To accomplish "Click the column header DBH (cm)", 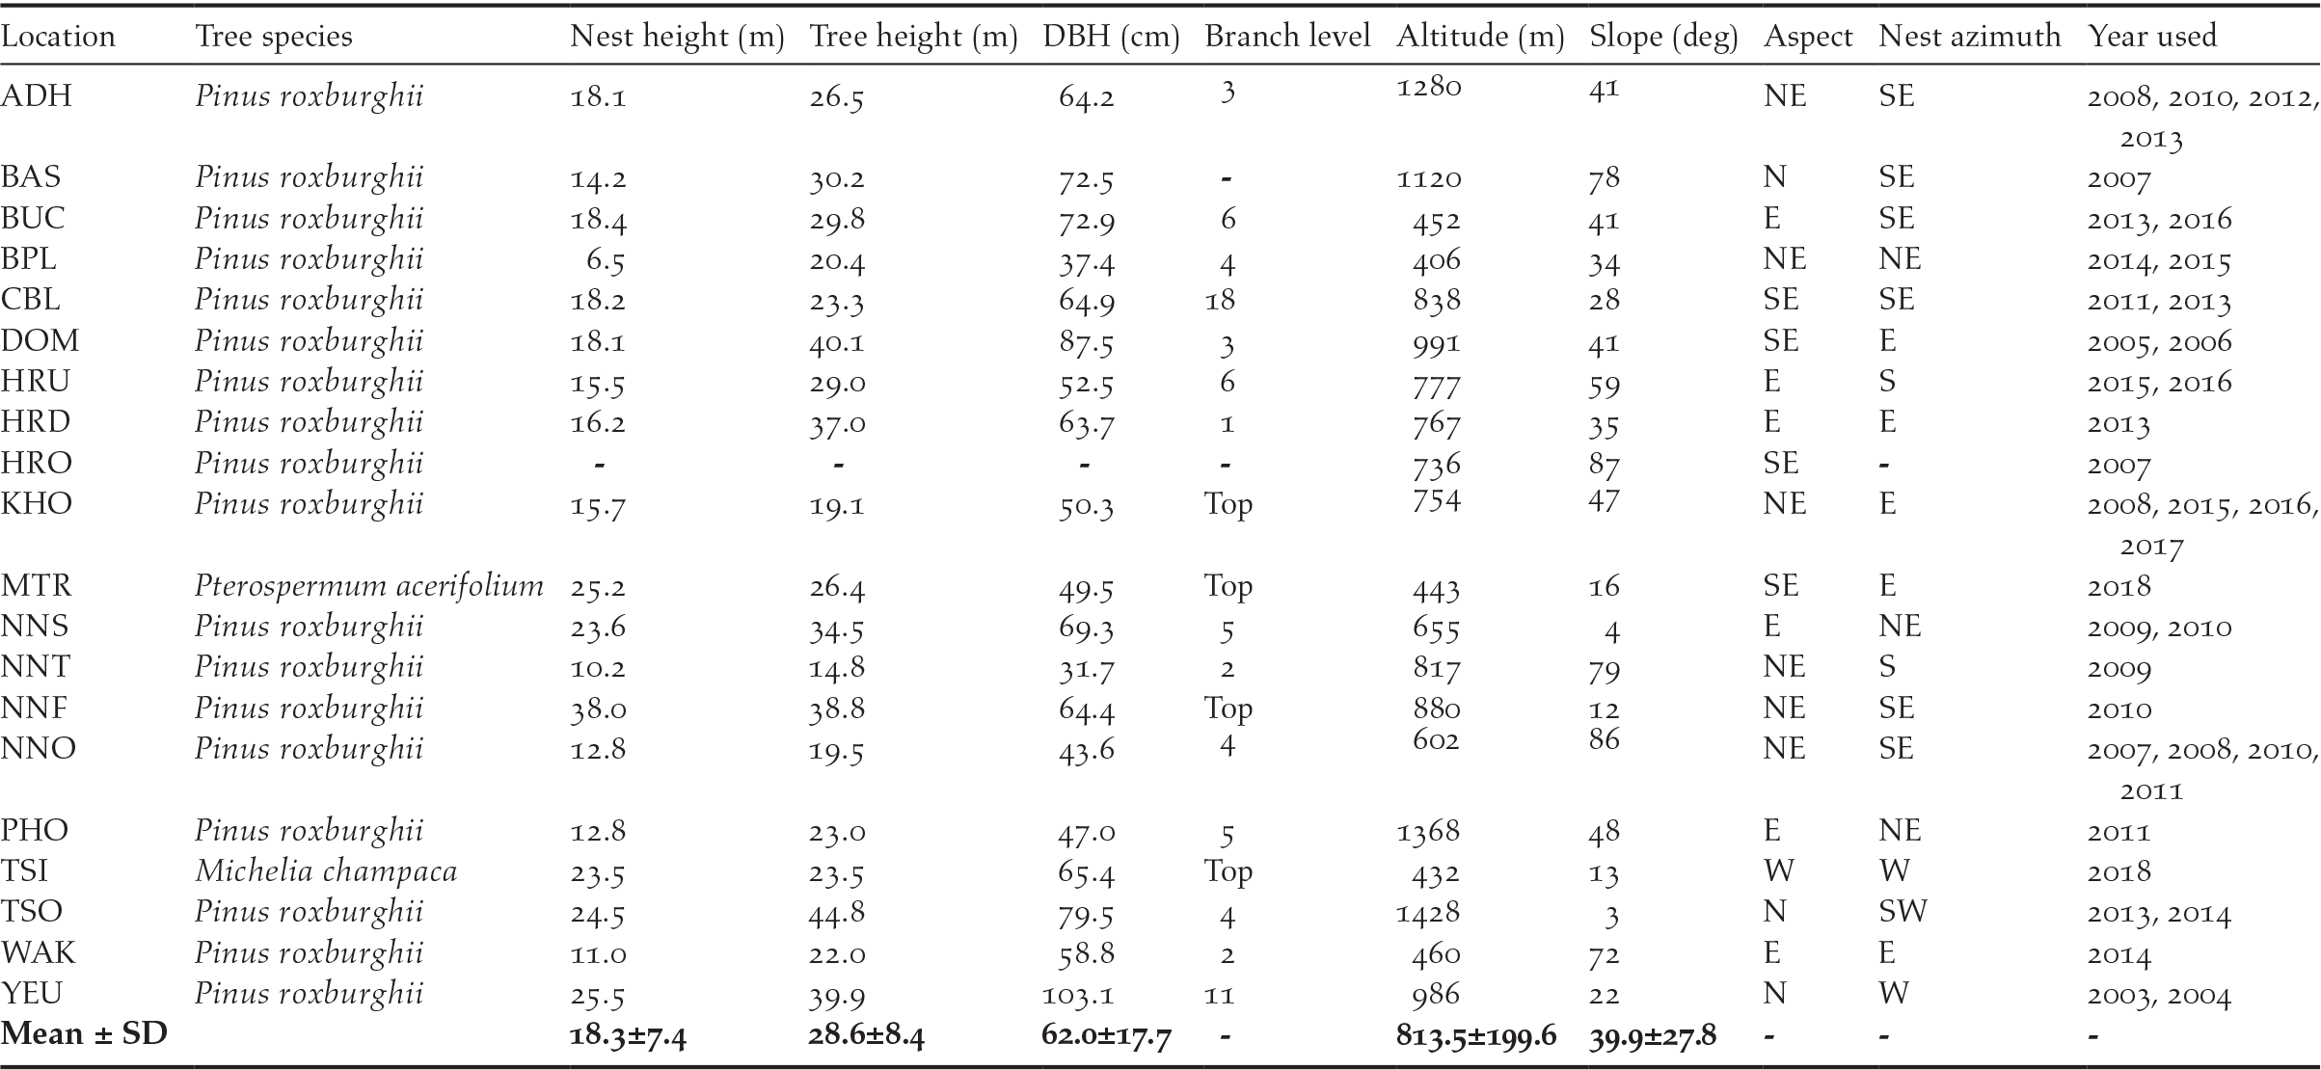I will pyautogui.click(x=1111, y=37).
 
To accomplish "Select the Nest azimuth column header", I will pyautogui.click(x=1969, y=37).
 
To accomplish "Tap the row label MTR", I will pyautogui.click(x=36, y=586).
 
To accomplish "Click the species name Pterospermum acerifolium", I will pyautogui.click(x=368, y=586).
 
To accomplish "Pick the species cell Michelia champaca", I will pyautogui.click(x=326, y=871).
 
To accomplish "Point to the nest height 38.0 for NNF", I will pyautogui.click(x=599, y=709).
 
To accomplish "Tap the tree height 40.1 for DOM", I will pyautogui.click(x=837, y=342).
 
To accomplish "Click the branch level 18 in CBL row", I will pyautogui.click(x=1220, y=301).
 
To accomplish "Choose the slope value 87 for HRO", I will pyautogui.click(x=1604, y=465).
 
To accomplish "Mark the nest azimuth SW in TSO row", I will pyautogui.click(x=1902, y=912).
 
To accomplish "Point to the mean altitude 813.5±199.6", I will pyautogui.click(x=1475, y=1035).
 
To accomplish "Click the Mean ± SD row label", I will pyautogui.click(x=84, y=1034).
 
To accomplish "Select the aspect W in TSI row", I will pyautogui.click(x=1778, y=871).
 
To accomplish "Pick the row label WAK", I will pyautogui.click(x=39, y=953).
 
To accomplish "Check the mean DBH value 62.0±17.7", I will pyautogui.click(x=1106, y=1035).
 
